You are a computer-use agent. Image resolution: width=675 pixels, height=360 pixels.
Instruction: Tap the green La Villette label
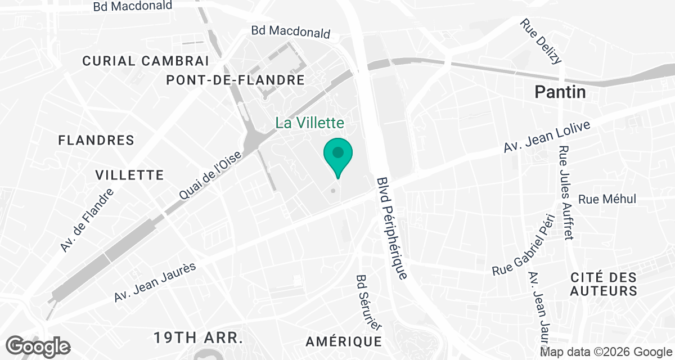coord(309,123)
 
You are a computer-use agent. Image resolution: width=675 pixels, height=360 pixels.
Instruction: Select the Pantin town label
coord(560,92)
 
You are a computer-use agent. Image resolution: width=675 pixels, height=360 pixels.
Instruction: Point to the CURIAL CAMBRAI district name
coord(146,61)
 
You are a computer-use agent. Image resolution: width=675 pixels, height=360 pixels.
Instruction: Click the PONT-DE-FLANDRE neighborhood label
coord(235,80)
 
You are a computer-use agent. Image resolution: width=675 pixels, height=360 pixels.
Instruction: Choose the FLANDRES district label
coord(96,140)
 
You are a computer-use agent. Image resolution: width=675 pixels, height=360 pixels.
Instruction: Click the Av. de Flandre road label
coord(87,220)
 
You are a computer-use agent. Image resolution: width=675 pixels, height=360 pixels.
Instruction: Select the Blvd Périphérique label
coord(391,228)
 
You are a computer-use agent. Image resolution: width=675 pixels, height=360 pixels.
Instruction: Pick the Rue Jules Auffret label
coord(565,192)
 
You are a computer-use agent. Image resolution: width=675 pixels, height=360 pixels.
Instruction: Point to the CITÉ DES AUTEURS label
coord(603,284)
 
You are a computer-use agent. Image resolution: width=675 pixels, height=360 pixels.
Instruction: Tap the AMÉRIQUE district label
coord(344,341)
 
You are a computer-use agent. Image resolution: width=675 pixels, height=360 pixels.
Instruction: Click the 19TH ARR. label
coord(199,338)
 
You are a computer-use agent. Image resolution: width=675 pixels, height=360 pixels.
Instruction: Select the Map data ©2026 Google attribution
coord(605,353)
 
